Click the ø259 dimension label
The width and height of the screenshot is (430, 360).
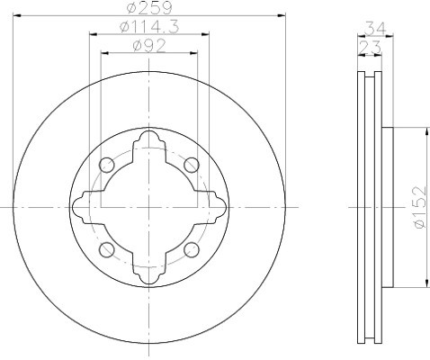point(149,7)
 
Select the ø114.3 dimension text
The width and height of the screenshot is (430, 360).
point(149,27)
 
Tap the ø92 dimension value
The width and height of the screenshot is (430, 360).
point(149,46)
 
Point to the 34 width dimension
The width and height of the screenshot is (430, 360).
point(375,29)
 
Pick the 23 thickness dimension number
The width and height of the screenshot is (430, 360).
point(370,47)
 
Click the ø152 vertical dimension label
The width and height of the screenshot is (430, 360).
point(419,207)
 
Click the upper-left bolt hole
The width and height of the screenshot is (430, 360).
point(107,165)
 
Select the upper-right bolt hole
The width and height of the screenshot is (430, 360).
point(192,165)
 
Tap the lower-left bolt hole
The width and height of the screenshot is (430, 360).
point(107,249)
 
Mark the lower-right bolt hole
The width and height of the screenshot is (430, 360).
point(192,249)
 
